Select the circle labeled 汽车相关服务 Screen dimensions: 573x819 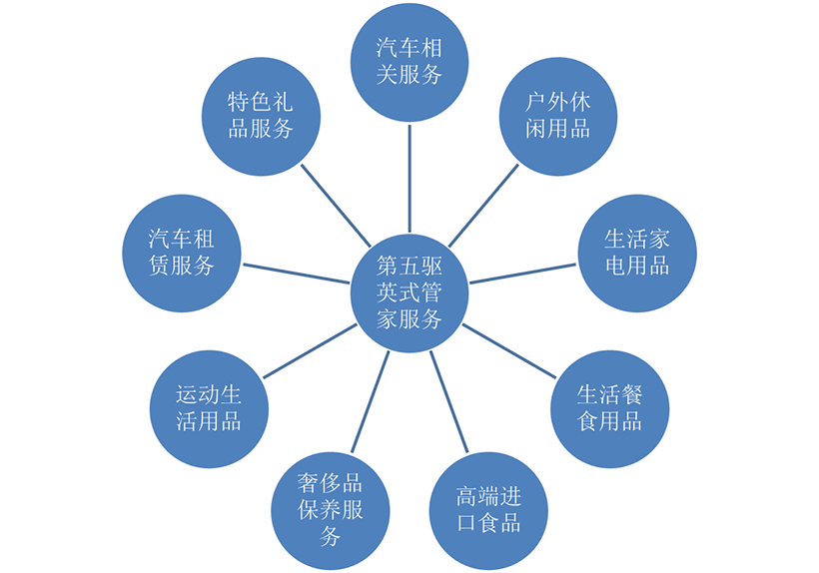[x=409, y=60]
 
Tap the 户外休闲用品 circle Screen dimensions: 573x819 [x=558, y=115]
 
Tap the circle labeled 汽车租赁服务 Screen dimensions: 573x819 [x=181, y=253]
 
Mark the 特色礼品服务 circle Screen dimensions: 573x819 [x=259, y=115]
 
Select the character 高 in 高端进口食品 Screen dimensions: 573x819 [x=465, y=497]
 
